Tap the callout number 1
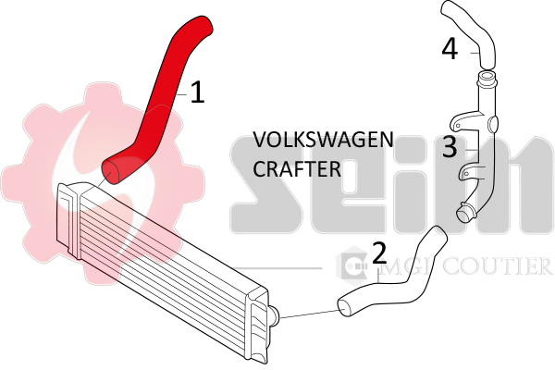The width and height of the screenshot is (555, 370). [x=196, y=92]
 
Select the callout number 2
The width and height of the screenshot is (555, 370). [x=379, y=253]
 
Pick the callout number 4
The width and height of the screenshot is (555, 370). [x=450, y=48]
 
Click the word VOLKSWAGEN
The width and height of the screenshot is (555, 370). [x=323, y=141]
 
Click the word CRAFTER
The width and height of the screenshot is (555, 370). [x=297, y=170]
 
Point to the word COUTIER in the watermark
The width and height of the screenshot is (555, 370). [x=499, y=266]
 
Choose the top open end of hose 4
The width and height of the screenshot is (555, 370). [x=448, y=10]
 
